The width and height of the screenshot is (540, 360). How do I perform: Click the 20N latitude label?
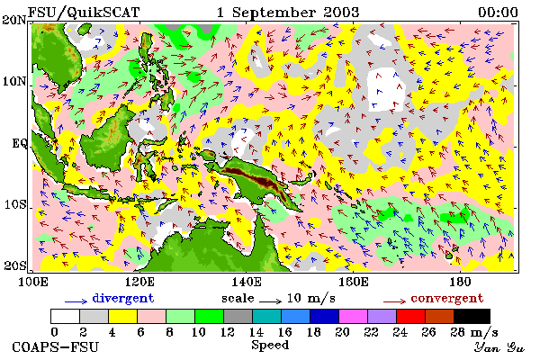pos(14,20)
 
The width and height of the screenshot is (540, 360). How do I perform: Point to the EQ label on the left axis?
pos(19,143)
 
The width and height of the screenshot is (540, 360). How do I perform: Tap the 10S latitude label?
pos(14,205)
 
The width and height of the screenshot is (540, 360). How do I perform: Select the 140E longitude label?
pos(247,282)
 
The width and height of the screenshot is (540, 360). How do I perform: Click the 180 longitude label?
pos(460,282)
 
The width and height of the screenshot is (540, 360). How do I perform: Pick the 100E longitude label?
pos(33,282)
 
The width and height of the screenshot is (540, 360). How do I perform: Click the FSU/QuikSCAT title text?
pos(84,13)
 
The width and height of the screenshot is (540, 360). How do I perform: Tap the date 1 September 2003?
pos(288,13)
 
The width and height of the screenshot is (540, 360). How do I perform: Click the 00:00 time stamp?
pos(498,13)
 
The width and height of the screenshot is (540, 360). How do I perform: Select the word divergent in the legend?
pos(123,298)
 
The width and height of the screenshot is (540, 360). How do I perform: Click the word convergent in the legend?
pos(447,299)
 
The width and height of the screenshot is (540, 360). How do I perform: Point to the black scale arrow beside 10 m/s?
pos(270,301)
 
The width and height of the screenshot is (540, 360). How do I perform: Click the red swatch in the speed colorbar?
pos(410,316)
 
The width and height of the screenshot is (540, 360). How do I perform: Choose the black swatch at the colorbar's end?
pos(472,316)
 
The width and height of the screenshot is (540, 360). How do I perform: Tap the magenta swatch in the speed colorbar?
pos(353,316)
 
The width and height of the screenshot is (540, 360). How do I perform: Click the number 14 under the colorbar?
pos(256,332)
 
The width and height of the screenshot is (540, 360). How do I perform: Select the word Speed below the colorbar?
pos(270,345)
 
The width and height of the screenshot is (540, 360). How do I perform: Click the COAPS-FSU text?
pos(55,346)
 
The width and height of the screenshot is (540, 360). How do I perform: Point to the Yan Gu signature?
pos(499,347)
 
